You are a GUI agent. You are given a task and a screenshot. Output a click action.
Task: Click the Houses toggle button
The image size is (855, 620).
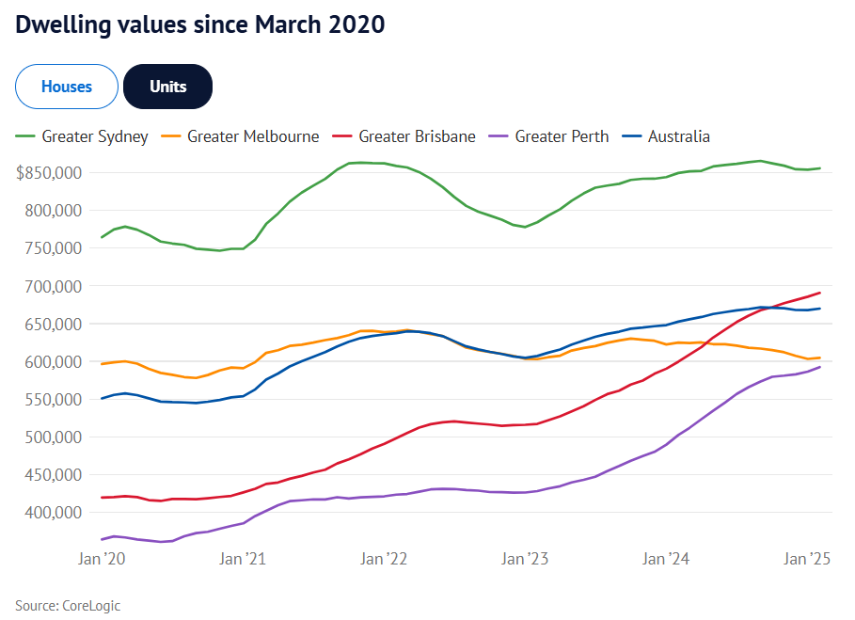66,87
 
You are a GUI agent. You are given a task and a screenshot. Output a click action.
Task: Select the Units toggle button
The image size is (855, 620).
168,87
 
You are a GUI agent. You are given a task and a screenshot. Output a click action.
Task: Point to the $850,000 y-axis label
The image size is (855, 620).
50,173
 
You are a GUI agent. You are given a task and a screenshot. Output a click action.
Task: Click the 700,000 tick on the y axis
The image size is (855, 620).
55,286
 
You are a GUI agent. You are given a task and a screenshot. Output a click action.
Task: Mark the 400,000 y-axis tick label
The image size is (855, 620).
55,513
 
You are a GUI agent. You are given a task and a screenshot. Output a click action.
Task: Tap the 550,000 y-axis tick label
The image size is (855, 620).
55,400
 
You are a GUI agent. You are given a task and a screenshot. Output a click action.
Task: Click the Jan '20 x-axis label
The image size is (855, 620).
103,559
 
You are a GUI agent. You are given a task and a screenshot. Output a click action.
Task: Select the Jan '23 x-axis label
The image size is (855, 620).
525,559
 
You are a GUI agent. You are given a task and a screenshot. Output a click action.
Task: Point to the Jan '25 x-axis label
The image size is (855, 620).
807,559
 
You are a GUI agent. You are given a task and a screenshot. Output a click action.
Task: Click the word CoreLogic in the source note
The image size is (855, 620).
91,605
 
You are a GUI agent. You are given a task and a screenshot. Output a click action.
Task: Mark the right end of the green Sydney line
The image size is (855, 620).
820,168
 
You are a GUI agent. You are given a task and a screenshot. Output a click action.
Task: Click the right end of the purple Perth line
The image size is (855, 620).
820,367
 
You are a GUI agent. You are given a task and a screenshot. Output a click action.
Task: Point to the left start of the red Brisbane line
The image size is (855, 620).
102,498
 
